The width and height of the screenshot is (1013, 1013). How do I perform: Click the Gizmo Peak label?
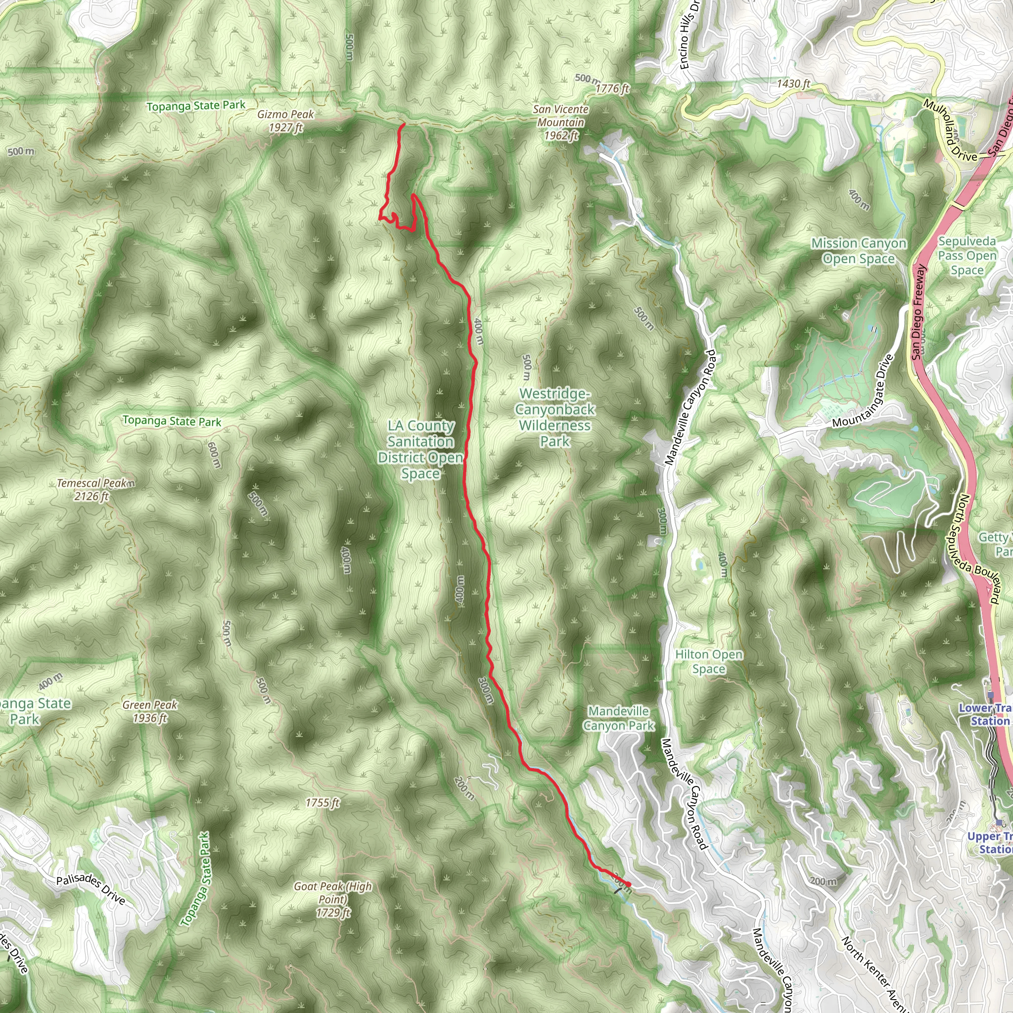(x=286, y=121)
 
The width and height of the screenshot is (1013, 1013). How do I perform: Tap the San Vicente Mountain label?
(x=560, y=122)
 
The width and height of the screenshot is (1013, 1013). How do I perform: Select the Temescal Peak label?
(x=93, y=489)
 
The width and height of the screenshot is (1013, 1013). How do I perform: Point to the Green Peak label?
(x=150, y=711)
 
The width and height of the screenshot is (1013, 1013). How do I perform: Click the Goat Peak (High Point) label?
(x=333, y=899)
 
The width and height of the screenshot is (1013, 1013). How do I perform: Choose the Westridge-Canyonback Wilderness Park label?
(x=555, y=417)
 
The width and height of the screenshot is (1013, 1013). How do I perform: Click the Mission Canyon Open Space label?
(x=858, y=251)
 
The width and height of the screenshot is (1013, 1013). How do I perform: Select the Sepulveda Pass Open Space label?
(x=967, y=255)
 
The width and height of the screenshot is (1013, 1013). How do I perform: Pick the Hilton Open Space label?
(x=709, y=661)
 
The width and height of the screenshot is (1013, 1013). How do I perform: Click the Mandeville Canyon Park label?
(x=619, y=718)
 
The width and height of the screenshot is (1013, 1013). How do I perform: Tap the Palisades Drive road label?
(x=91, y=889)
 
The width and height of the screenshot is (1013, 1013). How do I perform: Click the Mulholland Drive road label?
(x=950, y=131)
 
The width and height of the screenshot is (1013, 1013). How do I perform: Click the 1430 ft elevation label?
(x=793, y=84)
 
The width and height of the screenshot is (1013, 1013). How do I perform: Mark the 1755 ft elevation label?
(x=322, y=803)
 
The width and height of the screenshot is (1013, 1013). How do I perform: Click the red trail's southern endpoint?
(x=628, y=884)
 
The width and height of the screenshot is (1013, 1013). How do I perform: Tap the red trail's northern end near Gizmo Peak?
(x=403, y=124)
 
